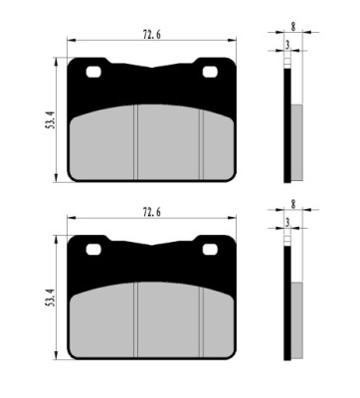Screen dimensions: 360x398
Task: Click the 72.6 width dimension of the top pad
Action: [x=152, y=35]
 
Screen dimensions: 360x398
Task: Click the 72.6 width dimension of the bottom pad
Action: [x=152, y=212]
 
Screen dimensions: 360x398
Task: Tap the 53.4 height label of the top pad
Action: [x=50, y=120]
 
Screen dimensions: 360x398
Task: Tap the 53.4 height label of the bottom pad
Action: [x=50, y=298]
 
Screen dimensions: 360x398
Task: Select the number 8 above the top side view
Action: [x=293, y=27]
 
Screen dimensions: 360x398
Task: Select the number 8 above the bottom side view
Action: [x=293, y=205]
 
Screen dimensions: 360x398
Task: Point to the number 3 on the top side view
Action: [x=287, y=46]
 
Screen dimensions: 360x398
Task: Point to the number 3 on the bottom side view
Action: [x=287, y=223]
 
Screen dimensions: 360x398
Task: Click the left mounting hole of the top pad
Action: [x=93, y=72]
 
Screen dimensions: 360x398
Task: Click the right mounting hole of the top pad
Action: [x=210, y=72]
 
